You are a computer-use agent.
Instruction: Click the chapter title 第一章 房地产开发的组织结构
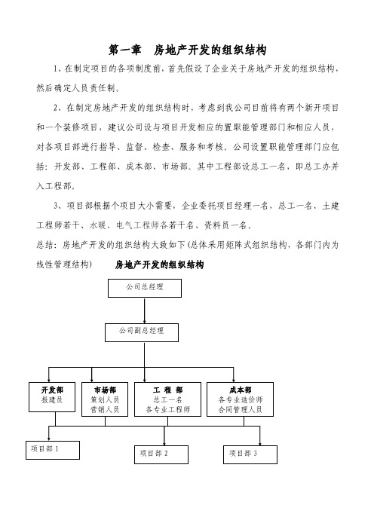(187, 50)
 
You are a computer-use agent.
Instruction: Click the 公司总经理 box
(145, 288)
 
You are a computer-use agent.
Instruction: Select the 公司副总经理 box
(142, 332)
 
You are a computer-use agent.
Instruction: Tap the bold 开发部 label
(52, 390)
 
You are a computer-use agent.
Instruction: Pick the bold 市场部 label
(105, 390)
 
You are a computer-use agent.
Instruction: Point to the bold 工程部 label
(167, 390)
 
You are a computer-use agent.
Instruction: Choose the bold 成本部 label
(240, 390)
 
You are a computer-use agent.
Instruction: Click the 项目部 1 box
(53, 450)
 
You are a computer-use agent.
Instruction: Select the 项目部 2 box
(161, 454)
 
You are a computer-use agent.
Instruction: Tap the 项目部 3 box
(250, 454)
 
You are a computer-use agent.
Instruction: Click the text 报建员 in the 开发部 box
(52, 400)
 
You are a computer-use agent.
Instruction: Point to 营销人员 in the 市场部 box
(105, 410)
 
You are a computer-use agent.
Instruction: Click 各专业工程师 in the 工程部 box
(167, 410)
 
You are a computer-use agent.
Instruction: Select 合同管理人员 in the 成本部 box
(240, 410)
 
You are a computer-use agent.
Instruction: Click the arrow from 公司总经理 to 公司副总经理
(145, 310)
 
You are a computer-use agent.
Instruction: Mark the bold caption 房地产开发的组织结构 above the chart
(159, 264)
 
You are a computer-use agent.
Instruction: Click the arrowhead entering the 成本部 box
(233, 381)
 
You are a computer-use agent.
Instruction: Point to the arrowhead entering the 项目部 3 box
(259, 443)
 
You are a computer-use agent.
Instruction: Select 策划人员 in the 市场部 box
(105, 400)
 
